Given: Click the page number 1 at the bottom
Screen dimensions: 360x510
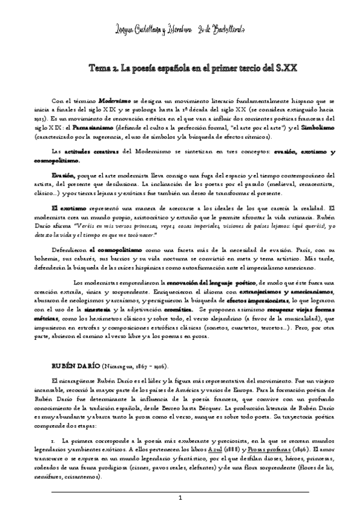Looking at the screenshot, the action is click(180, 499).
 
